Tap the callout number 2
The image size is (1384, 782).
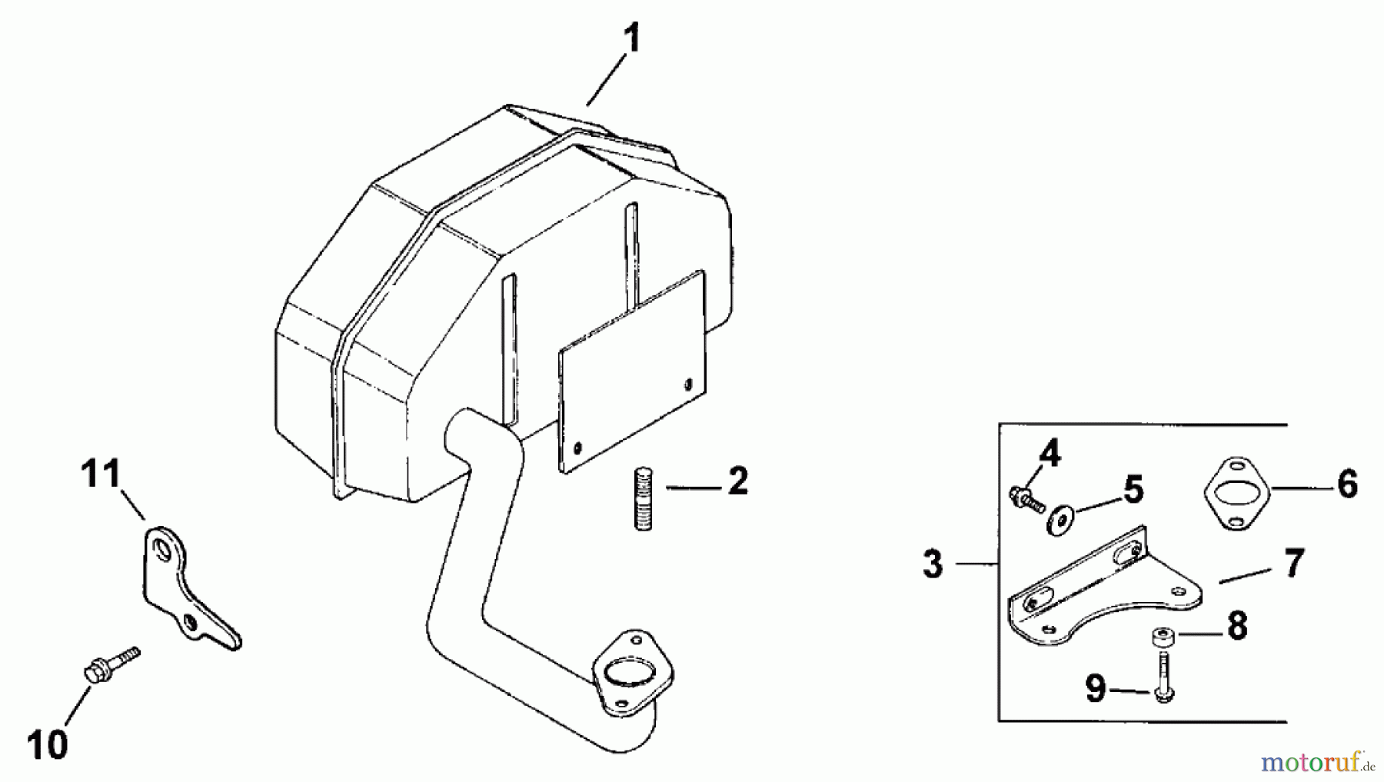click(x=737, y=481)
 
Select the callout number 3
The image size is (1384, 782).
click(x=933, y=564)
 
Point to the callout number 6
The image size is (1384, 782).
click(x=1347, y=485)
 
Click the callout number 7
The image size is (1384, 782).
click(x=1294, y=564)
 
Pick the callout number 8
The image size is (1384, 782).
click(x=1237, y=627)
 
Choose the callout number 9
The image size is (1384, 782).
click(x=1096, y=688)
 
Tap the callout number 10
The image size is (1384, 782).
click(x=47, y=744)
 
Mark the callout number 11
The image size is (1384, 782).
click(x=101, y=474)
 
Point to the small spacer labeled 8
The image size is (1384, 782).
click(x=1161, y=637)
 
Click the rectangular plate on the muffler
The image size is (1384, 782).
click(x=631, y=372)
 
